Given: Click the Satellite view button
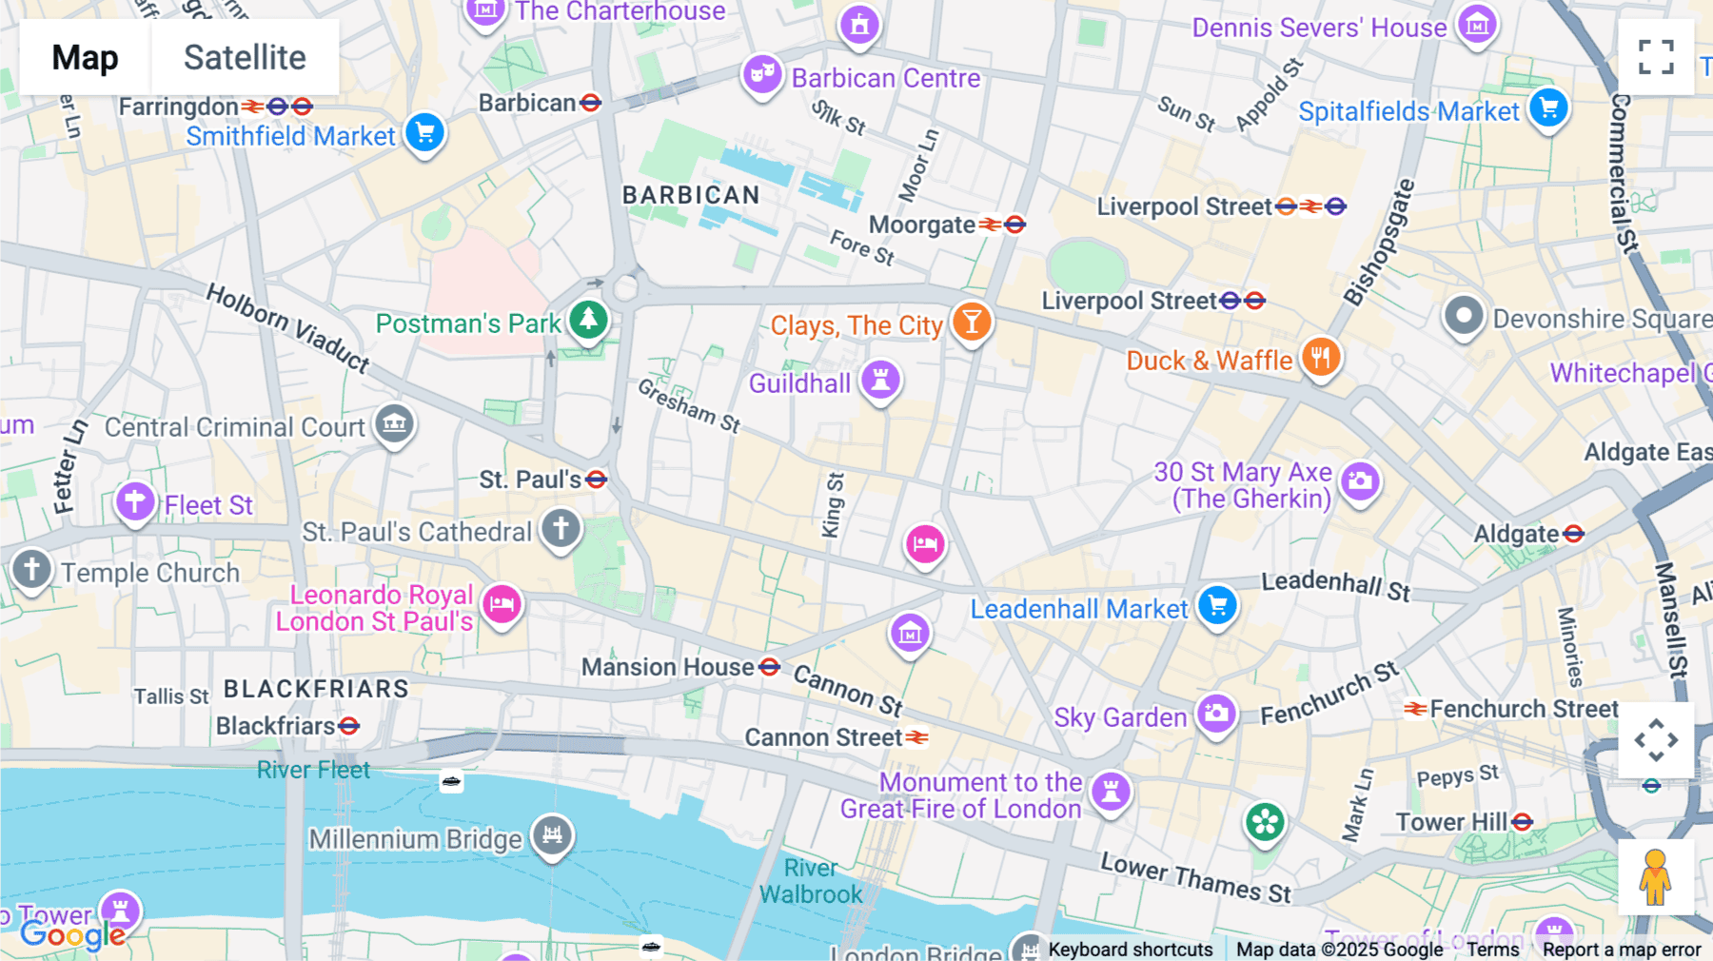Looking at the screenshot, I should (245, 58).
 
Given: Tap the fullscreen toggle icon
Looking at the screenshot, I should (1656, 57).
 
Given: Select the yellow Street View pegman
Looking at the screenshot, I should (1655, 877).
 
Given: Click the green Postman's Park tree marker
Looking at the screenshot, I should (588, 320).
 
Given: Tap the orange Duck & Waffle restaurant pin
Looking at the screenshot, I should (1321, 359).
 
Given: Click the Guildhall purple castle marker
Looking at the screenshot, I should (880, 381).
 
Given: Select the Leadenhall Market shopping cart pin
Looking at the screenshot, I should (1217, 605).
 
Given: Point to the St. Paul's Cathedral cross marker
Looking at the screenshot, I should (561, 528).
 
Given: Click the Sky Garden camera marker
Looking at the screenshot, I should (1215, 714).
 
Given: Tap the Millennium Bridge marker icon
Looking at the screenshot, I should (552, 835).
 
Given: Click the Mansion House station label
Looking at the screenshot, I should (668, 667).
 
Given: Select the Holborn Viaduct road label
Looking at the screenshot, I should (287, 327).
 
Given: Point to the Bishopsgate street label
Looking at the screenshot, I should (1379, 243).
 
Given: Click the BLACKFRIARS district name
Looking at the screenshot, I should (316, 689).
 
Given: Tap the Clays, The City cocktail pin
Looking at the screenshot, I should (972, 322).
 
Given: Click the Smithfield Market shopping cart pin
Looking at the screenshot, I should (424, 132).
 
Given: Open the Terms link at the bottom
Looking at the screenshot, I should (1492, 949).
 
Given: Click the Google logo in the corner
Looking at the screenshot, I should (72, 934).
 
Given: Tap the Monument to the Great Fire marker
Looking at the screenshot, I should (1111, 791).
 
